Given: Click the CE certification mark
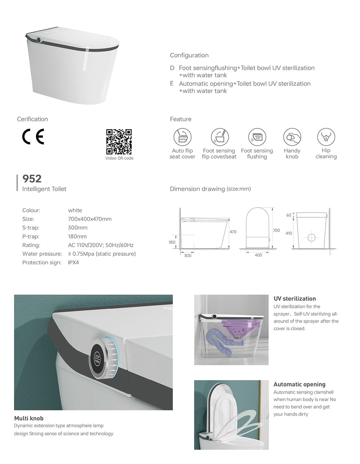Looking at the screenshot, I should point(33,137).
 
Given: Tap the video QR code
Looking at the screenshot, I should point(119,142).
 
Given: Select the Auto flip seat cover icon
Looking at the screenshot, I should point(183,137).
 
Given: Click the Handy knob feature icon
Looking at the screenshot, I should point(292,137).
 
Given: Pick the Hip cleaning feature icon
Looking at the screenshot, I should point(326,137).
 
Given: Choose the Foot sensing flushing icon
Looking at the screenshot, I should point(257,137).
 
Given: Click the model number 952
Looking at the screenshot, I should point(32,179).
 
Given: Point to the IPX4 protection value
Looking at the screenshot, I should point(73,263).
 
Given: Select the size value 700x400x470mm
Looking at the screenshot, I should point(90,219).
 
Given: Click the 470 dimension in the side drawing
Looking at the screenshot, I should point(233,232).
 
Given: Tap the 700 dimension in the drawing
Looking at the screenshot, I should point(276,231).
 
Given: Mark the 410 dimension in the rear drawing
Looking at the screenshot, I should point(289,233).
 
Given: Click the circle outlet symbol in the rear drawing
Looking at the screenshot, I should point(312,237).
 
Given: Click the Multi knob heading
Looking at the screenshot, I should point(29,418).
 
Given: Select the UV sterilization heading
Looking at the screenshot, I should point(294,299).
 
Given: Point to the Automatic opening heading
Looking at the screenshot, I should point(299,384).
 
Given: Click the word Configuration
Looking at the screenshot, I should point(189,55).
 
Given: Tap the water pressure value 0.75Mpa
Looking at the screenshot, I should point(102,254).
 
